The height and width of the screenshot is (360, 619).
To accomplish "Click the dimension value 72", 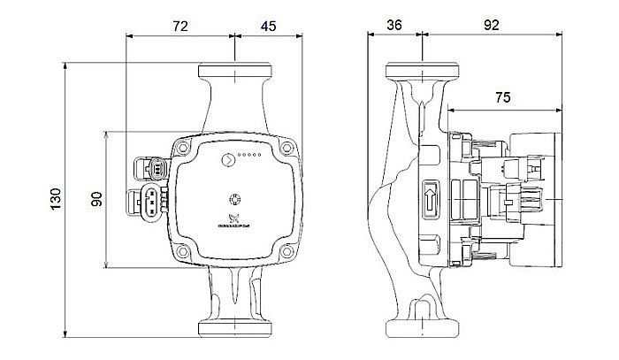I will click(x=180, y=27).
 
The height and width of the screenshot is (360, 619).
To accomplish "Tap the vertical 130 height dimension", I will click(x=55, y=200).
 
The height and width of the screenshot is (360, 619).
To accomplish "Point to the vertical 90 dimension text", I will click(x=97, y=200).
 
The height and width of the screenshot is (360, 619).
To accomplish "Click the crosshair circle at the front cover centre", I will click(x=235, y=200).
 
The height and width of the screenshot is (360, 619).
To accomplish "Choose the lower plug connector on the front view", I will click(x=151, y=203).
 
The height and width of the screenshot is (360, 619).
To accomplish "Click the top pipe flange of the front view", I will click(x=235, y=69).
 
